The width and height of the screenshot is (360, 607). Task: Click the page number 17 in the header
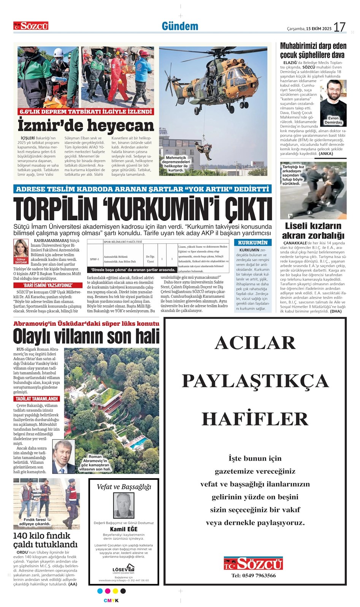[x=339, y=27]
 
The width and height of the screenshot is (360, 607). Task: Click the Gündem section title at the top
[x=180, y=26]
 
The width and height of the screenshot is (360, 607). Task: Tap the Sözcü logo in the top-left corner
[x=31, y=26]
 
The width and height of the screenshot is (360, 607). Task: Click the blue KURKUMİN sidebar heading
[x=252, y=243]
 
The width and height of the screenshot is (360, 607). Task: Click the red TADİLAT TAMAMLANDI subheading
[x=36, y=399]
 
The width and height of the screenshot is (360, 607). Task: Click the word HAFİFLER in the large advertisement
[x=255, y=419]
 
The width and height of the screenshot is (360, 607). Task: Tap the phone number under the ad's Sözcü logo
[x=254, y=575]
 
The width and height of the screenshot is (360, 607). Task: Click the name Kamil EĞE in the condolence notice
[x=124, y=529]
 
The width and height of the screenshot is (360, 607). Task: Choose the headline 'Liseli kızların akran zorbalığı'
[x=313, y=231]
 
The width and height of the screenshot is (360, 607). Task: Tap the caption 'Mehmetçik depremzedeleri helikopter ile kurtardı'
[x=176, y=164]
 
